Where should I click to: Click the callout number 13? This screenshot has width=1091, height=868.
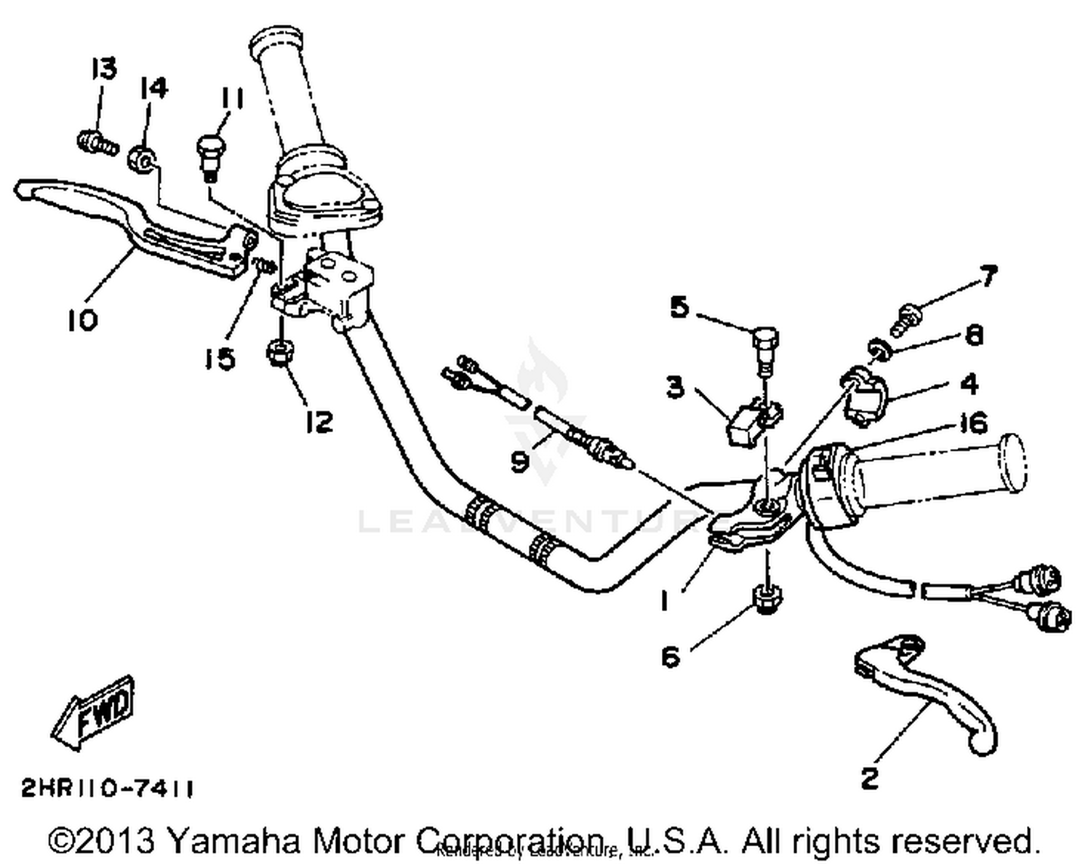(104, 70)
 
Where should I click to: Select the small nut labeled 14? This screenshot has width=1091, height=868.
(140, 158)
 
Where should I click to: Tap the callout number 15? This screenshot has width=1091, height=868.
(220, 358)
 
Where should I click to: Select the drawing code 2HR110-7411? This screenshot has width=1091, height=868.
(108, 788)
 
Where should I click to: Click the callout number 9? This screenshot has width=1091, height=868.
(520, 461)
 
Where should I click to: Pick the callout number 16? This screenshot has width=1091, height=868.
(973, 423)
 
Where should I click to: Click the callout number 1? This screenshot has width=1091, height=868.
(663, 601)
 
